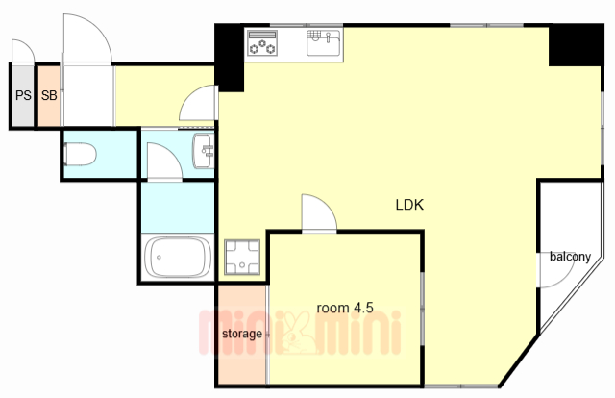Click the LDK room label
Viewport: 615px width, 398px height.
click(409, 205)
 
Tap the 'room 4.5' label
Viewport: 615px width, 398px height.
click(345, 308)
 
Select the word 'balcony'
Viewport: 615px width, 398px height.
click(570, 257)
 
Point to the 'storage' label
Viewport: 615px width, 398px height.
click(242, 334)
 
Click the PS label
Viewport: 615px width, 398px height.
click(23, 95)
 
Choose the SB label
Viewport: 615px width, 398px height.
click(49, 95)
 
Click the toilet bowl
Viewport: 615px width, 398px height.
click(81, 154)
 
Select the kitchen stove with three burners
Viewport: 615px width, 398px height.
click(262, 43)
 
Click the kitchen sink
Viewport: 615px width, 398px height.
click(324, 43)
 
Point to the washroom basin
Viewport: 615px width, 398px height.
click(204, 151)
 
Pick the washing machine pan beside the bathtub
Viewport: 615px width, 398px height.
click(242, 257)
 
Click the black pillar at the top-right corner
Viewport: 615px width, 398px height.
click(576, 45)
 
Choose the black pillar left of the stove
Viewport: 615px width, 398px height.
click(230, 58)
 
